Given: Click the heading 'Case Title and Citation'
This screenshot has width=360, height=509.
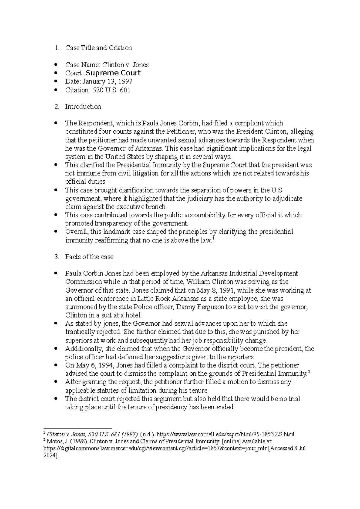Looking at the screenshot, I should click(x=98, y=48).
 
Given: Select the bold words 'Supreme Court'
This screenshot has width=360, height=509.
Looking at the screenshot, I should click(x=113, y=73).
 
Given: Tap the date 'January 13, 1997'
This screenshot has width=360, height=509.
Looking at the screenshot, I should click(x=107, y=82).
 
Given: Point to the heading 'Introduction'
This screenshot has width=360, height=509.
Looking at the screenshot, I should click(x=83, y=107).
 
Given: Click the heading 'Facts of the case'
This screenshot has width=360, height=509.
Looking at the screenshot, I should click(x=89, y=257).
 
